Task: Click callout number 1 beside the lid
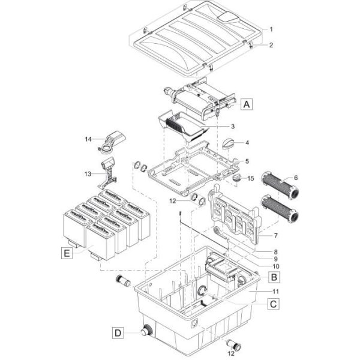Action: coord(271,29)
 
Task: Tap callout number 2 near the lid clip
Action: coord(271,45)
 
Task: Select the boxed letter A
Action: coord(246,104)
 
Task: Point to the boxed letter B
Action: coord(274,277)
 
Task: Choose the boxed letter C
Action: coord(274,304)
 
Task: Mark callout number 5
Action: coord(248,161)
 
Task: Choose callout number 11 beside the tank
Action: coord(275,291)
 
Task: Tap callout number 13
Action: coord(89,174)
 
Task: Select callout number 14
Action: coord(89,139)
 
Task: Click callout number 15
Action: coord(251,178)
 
